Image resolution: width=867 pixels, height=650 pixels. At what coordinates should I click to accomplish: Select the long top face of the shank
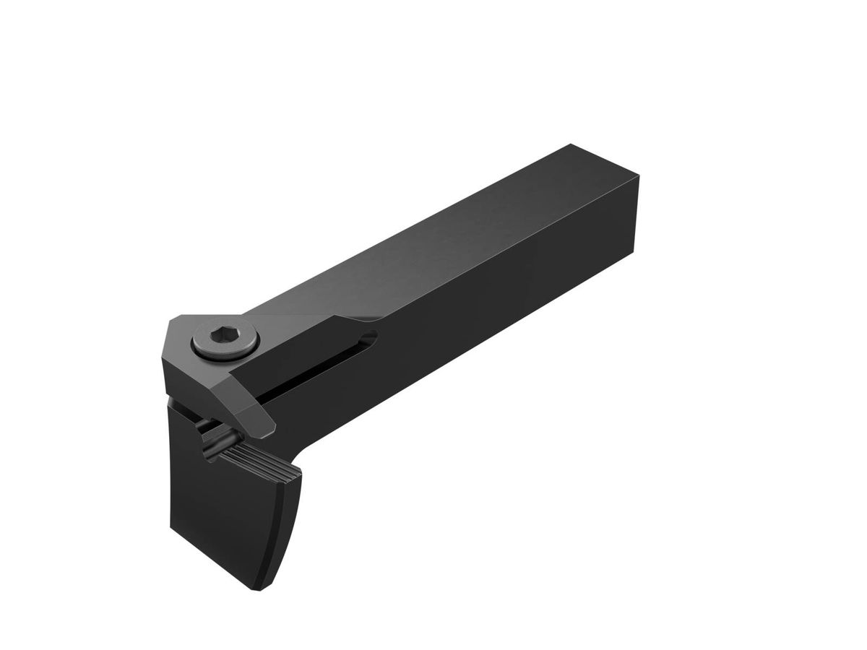coord(433,246)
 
